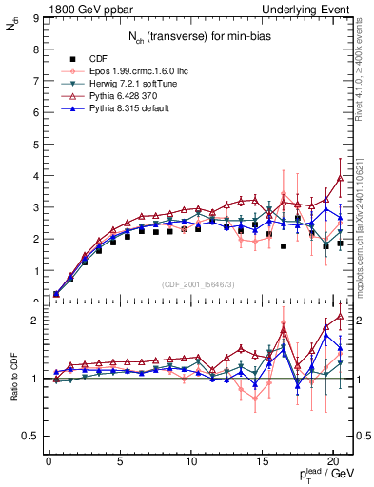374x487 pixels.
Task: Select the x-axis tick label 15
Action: pyautogui.click(x=262, y=463)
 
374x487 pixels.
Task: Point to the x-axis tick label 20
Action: pyautogui.click(x=332, y=463)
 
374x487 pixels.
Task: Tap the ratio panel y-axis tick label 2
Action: pyautogui.click(x=35, y=321)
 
